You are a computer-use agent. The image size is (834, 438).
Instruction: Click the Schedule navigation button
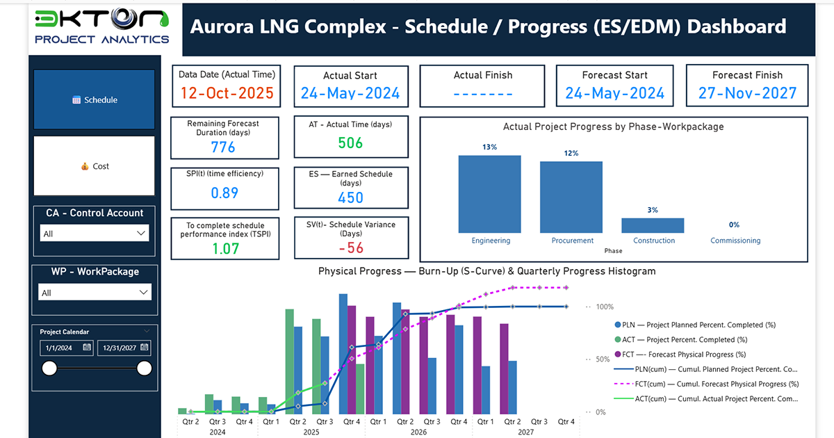pos(95,99)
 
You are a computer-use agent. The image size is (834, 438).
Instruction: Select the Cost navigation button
pos(95,166)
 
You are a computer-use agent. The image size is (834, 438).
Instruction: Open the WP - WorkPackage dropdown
pos(95,293)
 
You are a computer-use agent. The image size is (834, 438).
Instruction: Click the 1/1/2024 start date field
pos(66,347)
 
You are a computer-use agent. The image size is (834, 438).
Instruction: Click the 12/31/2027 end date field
pos(124,347)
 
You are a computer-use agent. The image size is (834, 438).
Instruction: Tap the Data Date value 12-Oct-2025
pos(227,93)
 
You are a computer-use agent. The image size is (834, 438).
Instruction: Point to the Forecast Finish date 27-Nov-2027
pos(747,93)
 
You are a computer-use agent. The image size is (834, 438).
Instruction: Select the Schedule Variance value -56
pos(350,248)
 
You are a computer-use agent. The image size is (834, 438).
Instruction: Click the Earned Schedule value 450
pos(350,197)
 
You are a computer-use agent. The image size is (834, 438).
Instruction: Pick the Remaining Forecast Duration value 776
pos(223,147)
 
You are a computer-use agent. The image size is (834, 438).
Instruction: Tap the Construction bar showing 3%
pos(653,225)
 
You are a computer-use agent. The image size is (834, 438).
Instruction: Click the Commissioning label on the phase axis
pos(735,241)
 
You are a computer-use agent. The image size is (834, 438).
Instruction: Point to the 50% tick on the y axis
pos(600,359)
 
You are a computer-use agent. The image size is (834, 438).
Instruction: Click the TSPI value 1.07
pos(223,248)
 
